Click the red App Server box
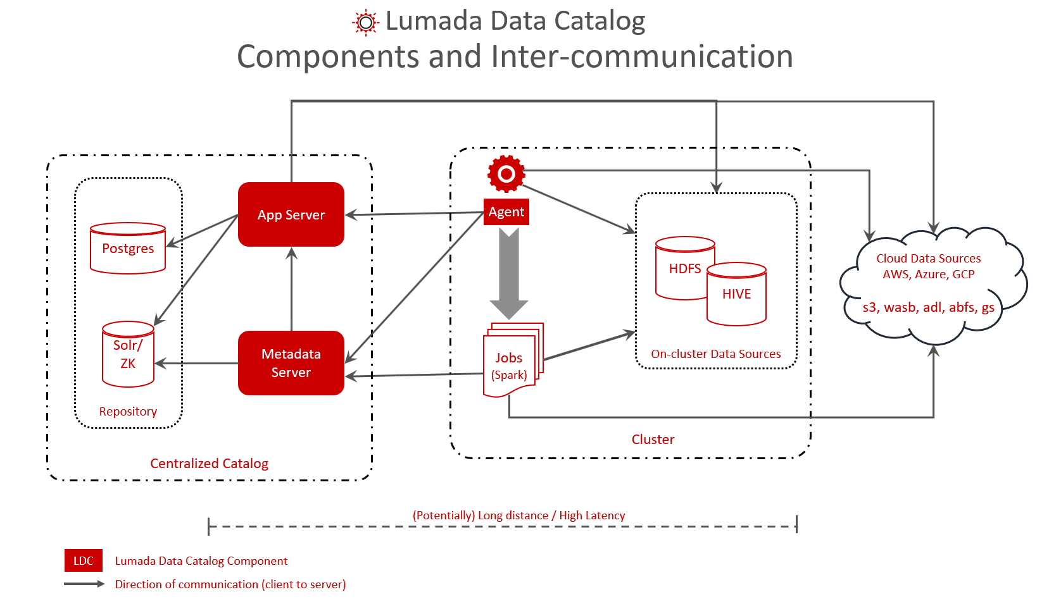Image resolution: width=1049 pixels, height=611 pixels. (291, 214)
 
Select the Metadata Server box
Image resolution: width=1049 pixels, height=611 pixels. (291, 363)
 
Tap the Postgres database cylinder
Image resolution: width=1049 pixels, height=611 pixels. (128, 249)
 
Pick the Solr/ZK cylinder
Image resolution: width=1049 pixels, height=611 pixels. (128, 355)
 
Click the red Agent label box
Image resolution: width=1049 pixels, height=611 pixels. (506, 212)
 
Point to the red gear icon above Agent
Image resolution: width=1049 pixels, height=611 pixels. (506, 173)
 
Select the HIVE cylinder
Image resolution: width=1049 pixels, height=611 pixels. (736, 295)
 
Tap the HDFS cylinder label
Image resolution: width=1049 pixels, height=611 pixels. (684, 269)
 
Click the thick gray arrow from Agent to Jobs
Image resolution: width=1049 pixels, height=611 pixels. (509, 272)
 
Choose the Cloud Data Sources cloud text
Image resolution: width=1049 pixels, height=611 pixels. (928, 266)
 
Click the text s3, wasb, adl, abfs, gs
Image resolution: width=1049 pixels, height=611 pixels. (928, 307)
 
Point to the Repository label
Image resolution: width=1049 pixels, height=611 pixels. (128, 412)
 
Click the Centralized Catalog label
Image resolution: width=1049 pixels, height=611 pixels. (209, 464)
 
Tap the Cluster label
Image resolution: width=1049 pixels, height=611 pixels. (653, 440)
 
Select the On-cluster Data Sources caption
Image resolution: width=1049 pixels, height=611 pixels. (715, 354)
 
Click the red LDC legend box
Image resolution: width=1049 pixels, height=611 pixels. (83, 561)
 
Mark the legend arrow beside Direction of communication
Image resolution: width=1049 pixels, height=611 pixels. (84, 584)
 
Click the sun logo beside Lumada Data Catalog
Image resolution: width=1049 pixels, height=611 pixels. (365, 22)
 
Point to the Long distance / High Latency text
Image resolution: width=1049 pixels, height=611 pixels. (518, 515)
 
